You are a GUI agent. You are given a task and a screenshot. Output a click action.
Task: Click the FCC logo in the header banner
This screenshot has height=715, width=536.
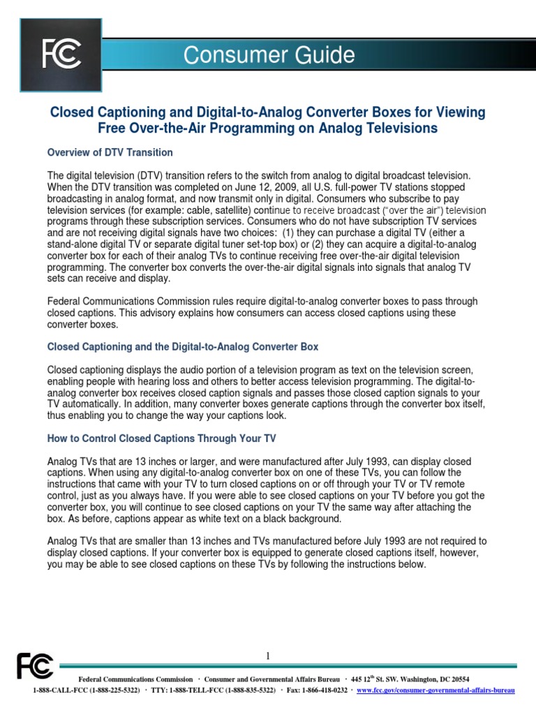(61, 55)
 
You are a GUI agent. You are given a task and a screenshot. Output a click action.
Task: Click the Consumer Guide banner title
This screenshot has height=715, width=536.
(269, 55)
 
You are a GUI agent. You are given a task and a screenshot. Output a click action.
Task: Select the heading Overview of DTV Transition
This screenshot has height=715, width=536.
(110, 152)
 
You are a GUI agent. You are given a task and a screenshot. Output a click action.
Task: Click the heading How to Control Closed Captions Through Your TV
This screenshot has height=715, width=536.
(161, 438)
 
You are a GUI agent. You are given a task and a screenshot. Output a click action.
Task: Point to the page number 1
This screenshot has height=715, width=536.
(267, 656)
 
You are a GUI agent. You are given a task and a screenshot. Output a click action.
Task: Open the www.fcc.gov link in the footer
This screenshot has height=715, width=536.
(435, 690)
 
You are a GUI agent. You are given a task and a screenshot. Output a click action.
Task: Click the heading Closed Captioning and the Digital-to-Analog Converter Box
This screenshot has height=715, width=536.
(183, 346)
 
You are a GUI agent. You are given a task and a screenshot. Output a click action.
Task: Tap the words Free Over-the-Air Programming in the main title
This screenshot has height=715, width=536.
(188, 128)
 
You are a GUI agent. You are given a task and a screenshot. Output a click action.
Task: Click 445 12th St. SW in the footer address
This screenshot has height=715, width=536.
(377, 679)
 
